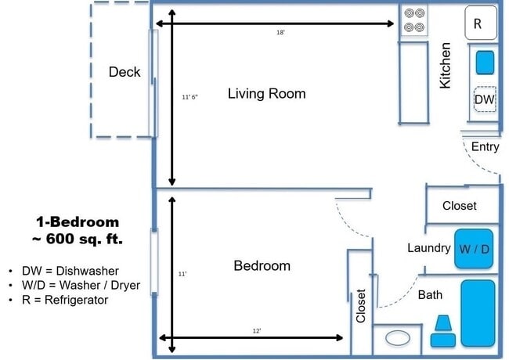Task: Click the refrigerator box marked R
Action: (480, 23)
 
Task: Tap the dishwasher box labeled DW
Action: (485, 100)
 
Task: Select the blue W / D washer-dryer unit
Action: (475, 249)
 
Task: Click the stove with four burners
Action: (415, 22)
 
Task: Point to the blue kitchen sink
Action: (485, 61)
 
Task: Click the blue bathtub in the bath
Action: (477, 314)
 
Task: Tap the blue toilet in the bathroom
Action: (444, 333)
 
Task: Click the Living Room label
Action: (266, 94)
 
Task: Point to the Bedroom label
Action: (262, 266)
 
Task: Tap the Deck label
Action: (125, 72)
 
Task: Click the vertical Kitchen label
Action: (446, 65)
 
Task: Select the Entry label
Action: (485, 147)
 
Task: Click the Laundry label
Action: (428, 248)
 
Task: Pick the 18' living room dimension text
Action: (280, 33)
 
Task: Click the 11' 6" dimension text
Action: (190, 97)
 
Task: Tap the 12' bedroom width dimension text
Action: (256, 331)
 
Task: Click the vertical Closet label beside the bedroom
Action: (361, 306)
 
